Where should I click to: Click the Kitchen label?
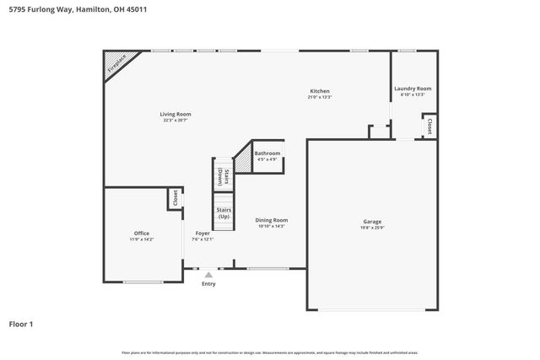pyautogui.click(x=319, y=91)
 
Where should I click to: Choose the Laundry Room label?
pyautogui.click(x=413, y=89)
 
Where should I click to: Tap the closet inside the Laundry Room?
pyautogui.click(x=429, y=126)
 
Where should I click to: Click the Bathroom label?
pyautogui.click(x=267, y=153)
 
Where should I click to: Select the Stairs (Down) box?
pyautogui.click(x=221, y=176)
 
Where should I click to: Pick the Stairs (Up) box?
pyautogui.click(x=224, y=212)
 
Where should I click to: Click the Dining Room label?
pyautogui.click(x=272, y=220)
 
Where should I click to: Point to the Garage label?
pyautogui.click(x=372, y=221)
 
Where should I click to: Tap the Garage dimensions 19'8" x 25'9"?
pyautogui.click(x=372, y=227)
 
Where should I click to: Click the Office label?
pyautogui.click(x=142, y=233)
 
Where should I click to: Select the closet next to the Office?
pyautogui.click(x=175, y=198)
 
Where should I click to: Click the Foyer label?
pyautogui.click(x=202, y=233)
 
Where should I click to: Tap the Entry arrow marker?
pyautogui.click(x=208, y=274)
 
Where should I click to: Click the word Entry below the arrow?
pyautogui.click(x=208, y=284)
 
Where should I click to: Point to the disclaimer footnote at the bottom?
pyautogui.click(x=270, y=352)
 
